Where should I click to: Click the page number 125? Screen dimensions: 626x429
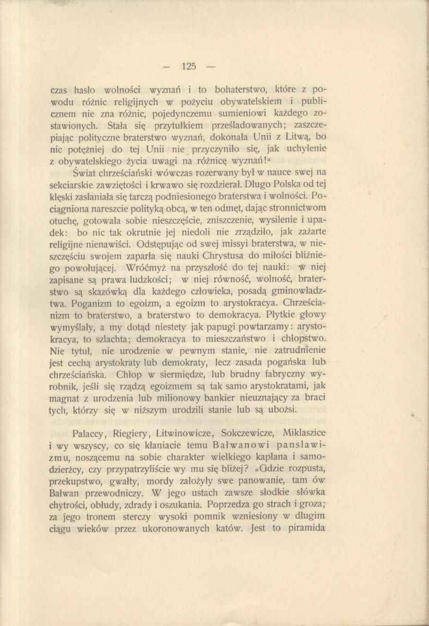click(189, 66)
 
